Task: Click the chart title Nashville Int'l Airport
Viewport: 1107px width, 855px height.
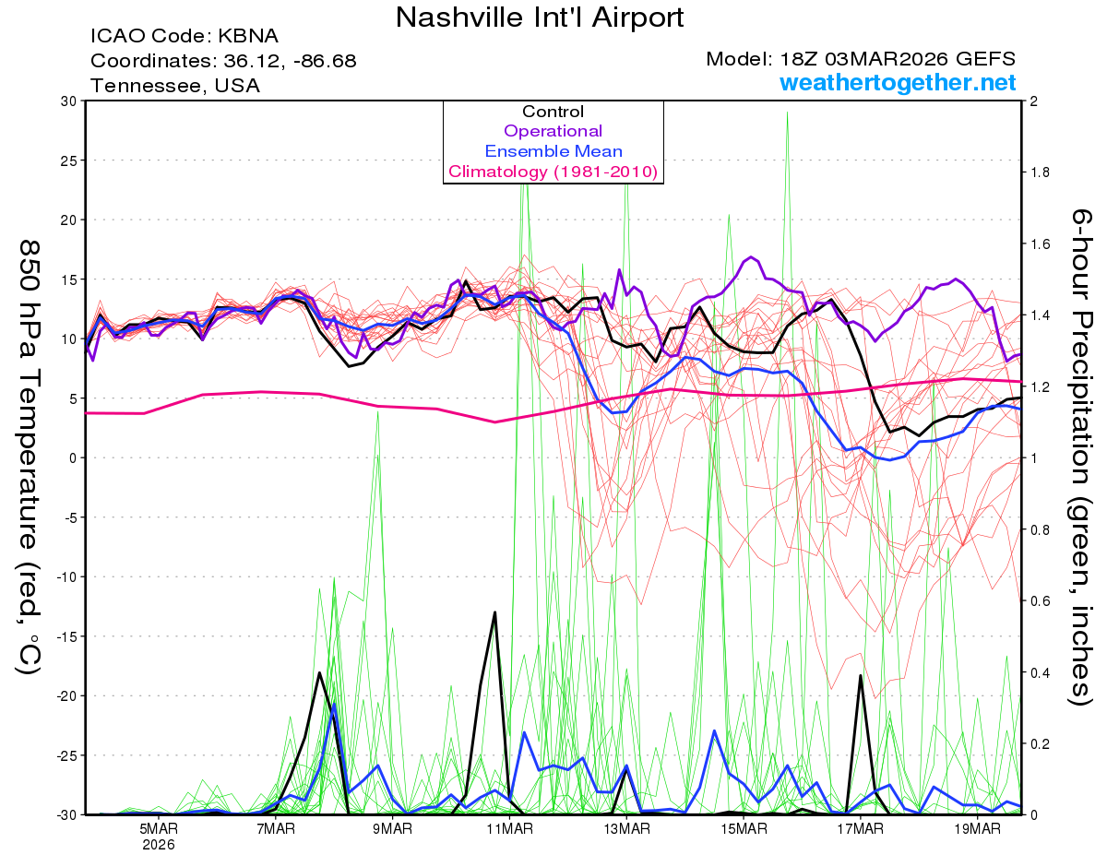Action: coord(541,18)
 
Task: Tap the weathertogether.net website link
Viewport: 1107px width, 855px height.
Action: coord(898,83)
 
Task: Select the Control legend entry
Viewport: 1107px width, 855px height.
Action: coord(553,112)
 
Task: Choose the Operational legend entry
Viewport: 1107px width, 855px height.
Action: coord(553,131)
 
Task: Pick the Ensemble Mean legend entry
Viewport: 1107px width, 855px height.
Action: coord(553,151)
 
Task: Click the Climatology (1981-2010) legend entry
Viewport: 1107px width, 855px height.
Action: coord(553,172)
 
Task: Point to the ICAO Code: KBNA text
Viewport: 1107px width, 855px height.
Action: coord(184,36)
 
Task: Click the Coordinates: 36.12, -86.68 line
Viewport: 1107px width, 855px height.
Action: coord(223,61)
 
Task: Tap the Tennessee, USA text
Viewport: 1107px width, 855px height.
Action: coord(175,86)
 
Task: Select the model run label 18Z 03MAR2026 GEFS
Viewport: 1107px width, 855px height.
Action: coord(861,59)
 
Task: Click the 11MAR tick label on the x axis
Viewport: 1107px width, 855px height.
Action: coord(509,829)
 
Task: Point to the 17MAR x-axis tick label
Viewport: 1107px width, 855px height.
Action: coord(860,829)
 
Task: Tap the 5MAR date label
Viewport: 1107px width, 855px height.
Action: coord(159,829)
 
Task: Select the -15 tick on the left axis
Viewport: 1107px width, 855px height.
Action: coord(66,636)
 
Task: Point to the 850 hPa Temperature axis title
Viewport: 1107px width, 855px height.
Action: coord(30,457)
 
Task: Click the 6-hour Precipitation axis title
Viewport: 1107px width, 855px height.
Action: coord(1080,457)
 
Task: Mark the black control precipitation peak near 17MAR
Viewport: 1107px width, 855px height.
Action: coord(860,676)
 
